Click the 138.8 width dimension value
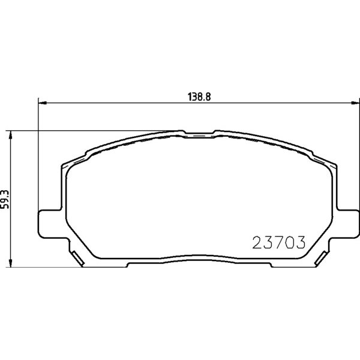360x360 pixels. [199, 97]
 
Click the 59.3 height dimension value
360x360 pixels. [5, 199]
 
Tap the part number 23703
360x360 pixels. [279, 242]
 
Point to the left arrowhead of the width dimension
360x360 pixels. [42, 103]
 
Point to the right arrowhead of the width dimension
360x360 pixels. [355, 103]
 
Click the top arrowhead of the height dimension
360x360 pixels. [10, 135]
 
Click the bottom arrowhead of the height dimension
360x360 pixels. [10, 263]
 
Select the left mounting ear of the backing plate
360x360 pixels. [50, 224]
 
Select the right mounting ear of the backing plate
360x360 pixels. [347, 224]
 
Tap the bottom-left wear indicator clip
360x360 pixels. [77, 258]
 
